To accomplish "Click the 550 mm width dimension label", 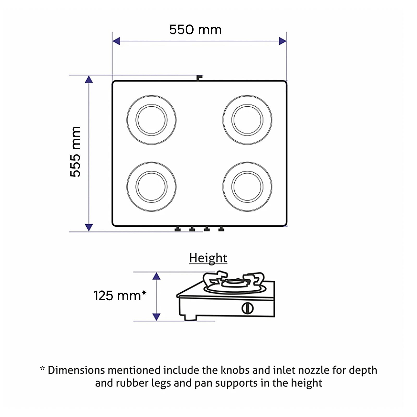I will click(195, 30).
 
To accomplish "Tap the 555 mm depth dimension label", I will click(75, 152).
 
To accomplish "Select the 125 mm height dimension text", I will click(120, 296).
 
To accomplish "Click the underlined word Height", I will click(208, 258).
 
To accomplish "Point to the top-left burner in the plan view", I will click(151, 120).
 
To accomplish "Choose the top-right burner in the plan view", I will click(247, 120).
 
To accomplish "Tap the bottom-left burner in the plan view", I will click(151, 187).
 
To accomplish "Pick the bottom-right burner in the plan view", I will click(247, 187).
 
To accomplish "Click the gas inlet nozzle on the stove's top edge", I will click(199, 78).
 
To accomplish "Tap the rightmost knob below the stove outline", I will click(221, 229).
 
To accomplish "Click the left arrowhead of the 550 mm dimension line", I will click(116, 41).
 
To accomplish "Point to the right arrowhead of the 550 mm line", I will click(283, 41).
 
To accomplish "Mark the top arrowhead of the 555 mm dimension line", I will click(89, 79).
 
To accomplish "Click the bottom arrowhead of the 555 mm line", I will click(89, 227).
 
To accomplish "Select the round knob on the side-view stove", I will click(247, 308).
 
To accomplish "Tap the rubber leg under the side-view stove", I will click(190, 317).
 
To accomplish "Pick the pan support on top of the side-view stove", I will click(234, 280).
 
